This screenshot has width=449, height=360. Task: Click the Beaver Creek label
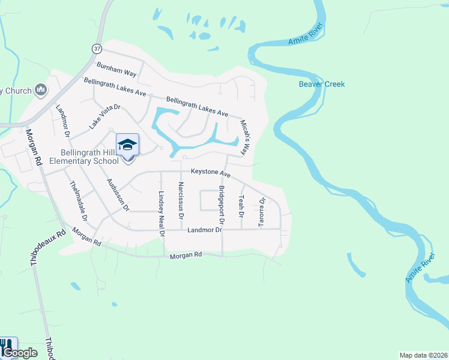coord(322,84)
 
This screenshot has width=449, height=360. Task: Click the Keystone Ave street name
coord(211,173)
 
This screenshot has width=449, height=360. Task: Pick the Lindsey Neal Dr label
coord(161,214)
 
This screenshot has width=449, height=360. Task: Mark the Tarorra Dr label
coord(262,212)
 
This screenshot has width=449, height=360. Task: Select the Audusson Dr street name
coord(118,194)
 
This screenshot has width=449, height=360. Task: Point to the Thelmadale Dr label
coord(79,201)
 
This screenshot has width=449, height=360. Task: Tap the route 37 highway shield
coord(97,47)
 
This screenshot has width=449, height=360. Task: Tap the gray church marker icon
coord(41,90)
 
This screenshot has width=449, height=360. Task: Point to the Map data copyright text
coord(423,355)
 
